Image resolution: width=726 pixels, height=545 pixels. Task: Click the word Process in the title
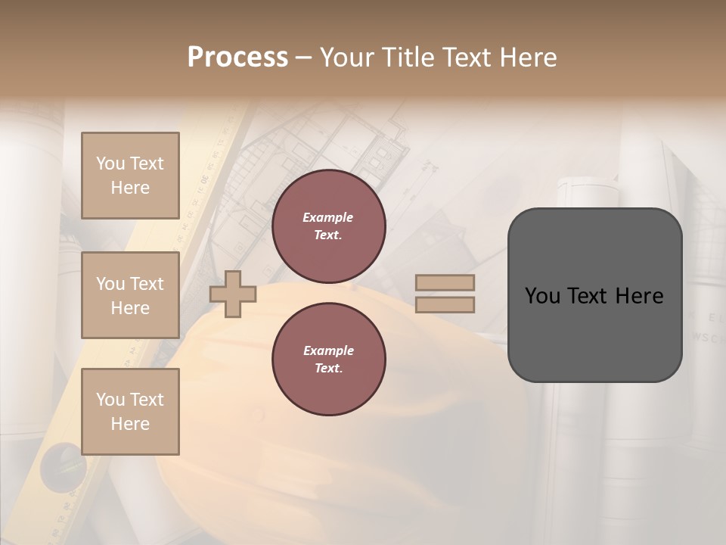[x=237, y=58]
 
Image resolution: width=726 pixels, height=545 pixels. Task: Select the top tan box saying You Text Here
[x=130, y=176]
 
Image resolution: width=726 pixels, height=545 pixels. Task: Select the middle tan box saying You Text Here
[x=130, y=295]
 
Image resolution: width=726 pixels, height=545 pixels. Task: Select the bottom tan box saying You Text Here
[x=130, y=411]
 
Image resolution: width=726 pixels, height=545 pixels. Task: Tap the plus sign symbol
[x=233, y=294]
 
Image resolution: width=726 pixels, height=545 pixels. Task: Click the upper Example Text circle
[x=328, y=226]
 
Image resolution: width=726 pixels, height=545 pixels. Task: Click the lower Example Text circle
[x=328, y=360]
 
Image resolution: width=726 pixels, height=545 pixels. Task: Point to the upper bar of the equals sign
[x=445, y=283]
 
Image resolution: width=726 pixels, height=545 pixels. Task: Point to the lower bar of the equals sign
[x=445, y=305]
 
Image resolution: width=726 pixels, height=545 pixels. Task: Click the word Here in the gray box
[x=639, y=296]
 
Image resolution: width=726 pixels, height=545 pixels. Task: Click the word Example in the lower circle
[x=328, y=350]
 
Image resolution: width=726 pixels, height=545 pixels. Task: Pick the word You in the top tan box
[x=110, y=163]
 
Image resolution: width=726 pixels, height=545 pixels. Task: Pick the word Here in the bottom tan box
[x=130, y=424]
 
